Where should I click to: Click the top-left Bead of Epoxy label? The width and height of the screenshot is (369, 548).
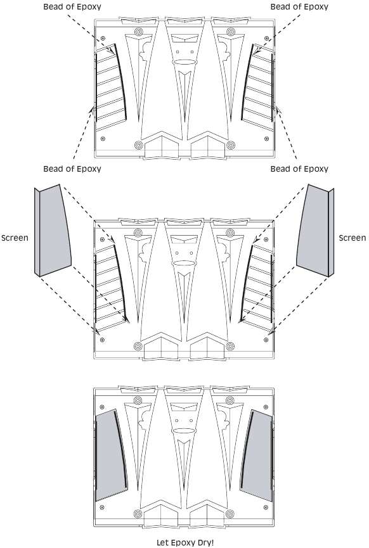pos(72,7)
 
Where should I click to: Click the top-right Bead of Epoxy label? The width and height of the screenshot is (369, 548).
pos(299,7)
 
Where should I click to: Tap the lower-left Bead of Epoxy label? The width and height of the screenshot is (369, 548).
pos(72,169)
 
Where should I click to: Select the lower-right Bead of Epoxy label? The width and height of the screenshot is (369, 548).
pos(299,169)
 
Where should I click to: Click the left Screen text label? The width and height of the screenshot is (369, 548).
pos(15,238)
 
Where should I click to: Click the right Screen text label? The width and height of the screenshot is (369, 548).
pos(353,238)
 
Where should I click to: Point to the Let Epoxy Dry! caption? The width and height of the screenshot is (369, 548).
pos(184,542)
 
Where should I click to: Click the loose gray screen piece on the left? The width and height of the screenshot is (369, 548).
pos(53,231)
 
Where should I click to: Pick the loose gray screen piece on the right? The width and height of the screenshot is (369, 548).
pos(315,231)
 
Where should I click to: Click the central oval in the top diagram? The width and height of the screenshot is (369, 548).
pos(184,63)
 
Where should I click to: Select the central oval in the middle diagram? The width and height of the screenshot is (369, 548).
pos(184,264)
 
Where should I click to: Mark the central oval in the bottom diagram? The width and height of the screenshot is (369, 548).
pos(184,431)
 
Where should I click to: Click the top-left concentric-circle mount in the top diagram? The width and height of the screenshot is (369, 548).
pos(138,32)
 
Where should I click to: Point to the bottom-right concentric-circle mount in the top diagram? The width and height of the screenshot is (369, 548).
pos(230,145)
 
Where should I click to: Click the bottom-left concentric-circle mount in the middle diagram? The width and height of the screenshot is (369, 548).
pos(138,347)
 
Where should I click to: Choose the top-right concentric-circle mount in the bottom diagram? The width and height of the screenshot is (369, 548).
pos(230,400)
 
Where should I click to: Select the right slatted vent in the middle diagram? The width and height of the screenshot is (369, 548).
pos(257,286)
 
